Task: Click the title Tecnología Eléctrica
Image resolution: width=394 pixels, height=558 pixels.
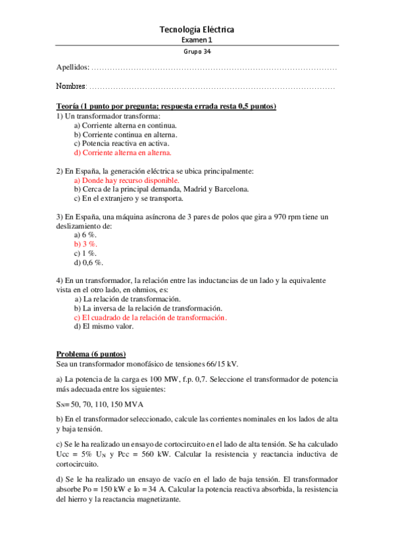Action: click(197, 30)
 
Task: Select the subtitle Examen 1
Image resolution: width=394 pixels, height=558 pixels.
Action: click(197, 40)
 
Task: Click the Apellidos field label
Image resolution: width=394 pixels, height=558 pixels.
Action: click(72, 68)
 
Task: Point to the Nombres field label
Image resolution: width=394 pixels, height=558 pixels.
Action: click(72, 86)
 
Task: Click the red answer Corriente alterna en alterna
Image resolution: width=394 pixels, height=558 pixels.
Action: click(122, 152)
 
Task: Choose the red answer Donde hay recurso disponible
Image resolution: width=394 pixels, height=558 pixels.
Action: click(126, 180)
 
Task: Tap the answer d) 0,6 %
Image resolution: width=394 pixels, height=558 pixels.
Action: click(88, 262)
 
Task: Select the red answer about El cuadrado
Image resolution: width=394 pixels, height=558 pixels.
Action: click(150, 317)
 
